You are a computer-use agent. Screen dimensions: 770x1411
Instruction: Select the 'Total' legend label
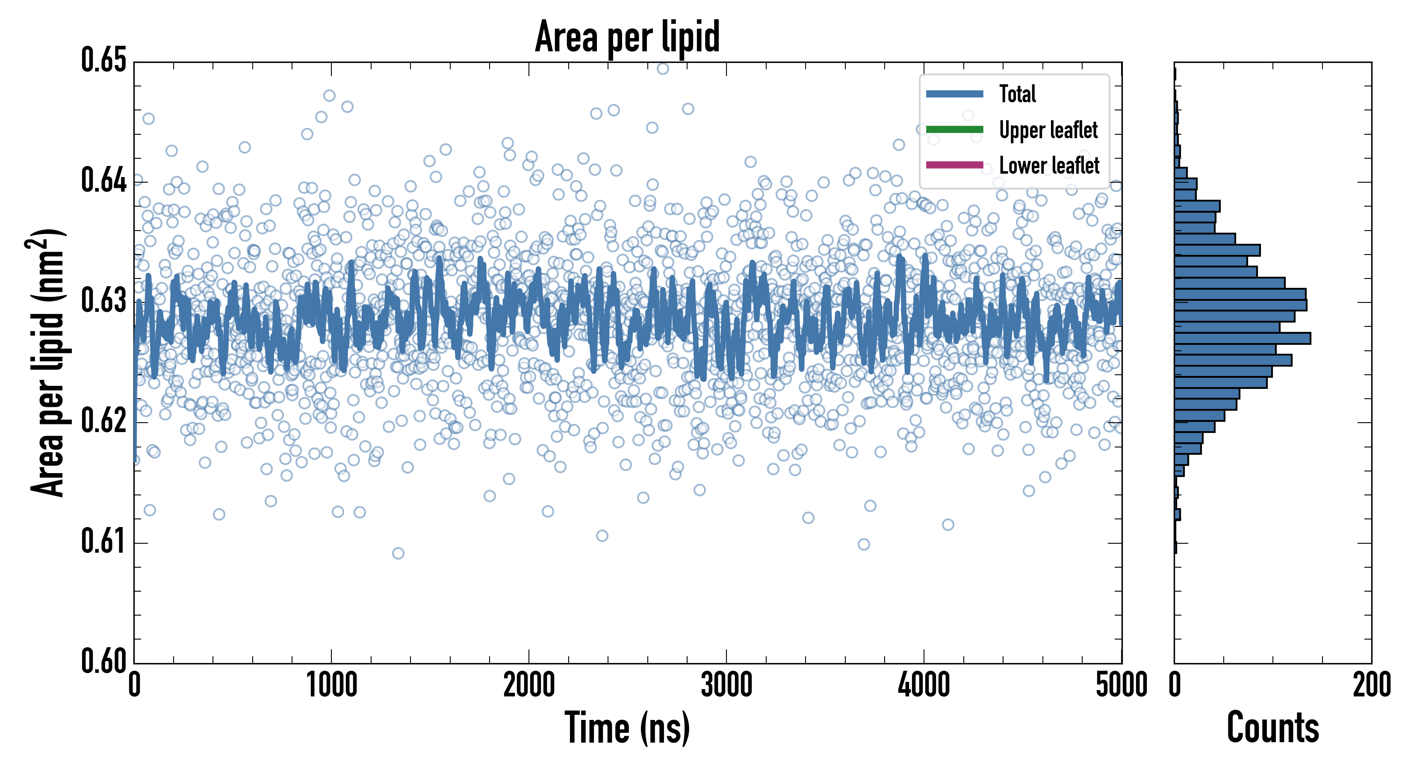1017,94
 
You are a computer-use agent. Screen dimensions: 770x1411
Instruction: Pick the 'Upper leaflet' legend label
1048,130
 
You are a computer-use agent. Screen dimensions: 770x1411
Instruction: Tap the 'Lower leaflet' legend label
1049,165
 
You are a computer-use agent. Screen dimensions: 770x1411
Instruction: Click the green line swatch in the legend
954,129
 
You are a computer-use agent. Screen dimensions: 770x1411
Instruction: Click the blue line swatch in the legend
954,94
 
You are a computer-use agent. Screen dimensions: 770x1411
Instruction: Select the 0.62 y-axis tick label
103,421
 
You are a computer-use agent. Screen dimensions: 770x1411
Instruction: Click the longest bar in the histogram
1242,338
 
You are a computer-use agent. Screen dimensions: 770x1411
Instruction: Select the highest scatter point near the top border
663,68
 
